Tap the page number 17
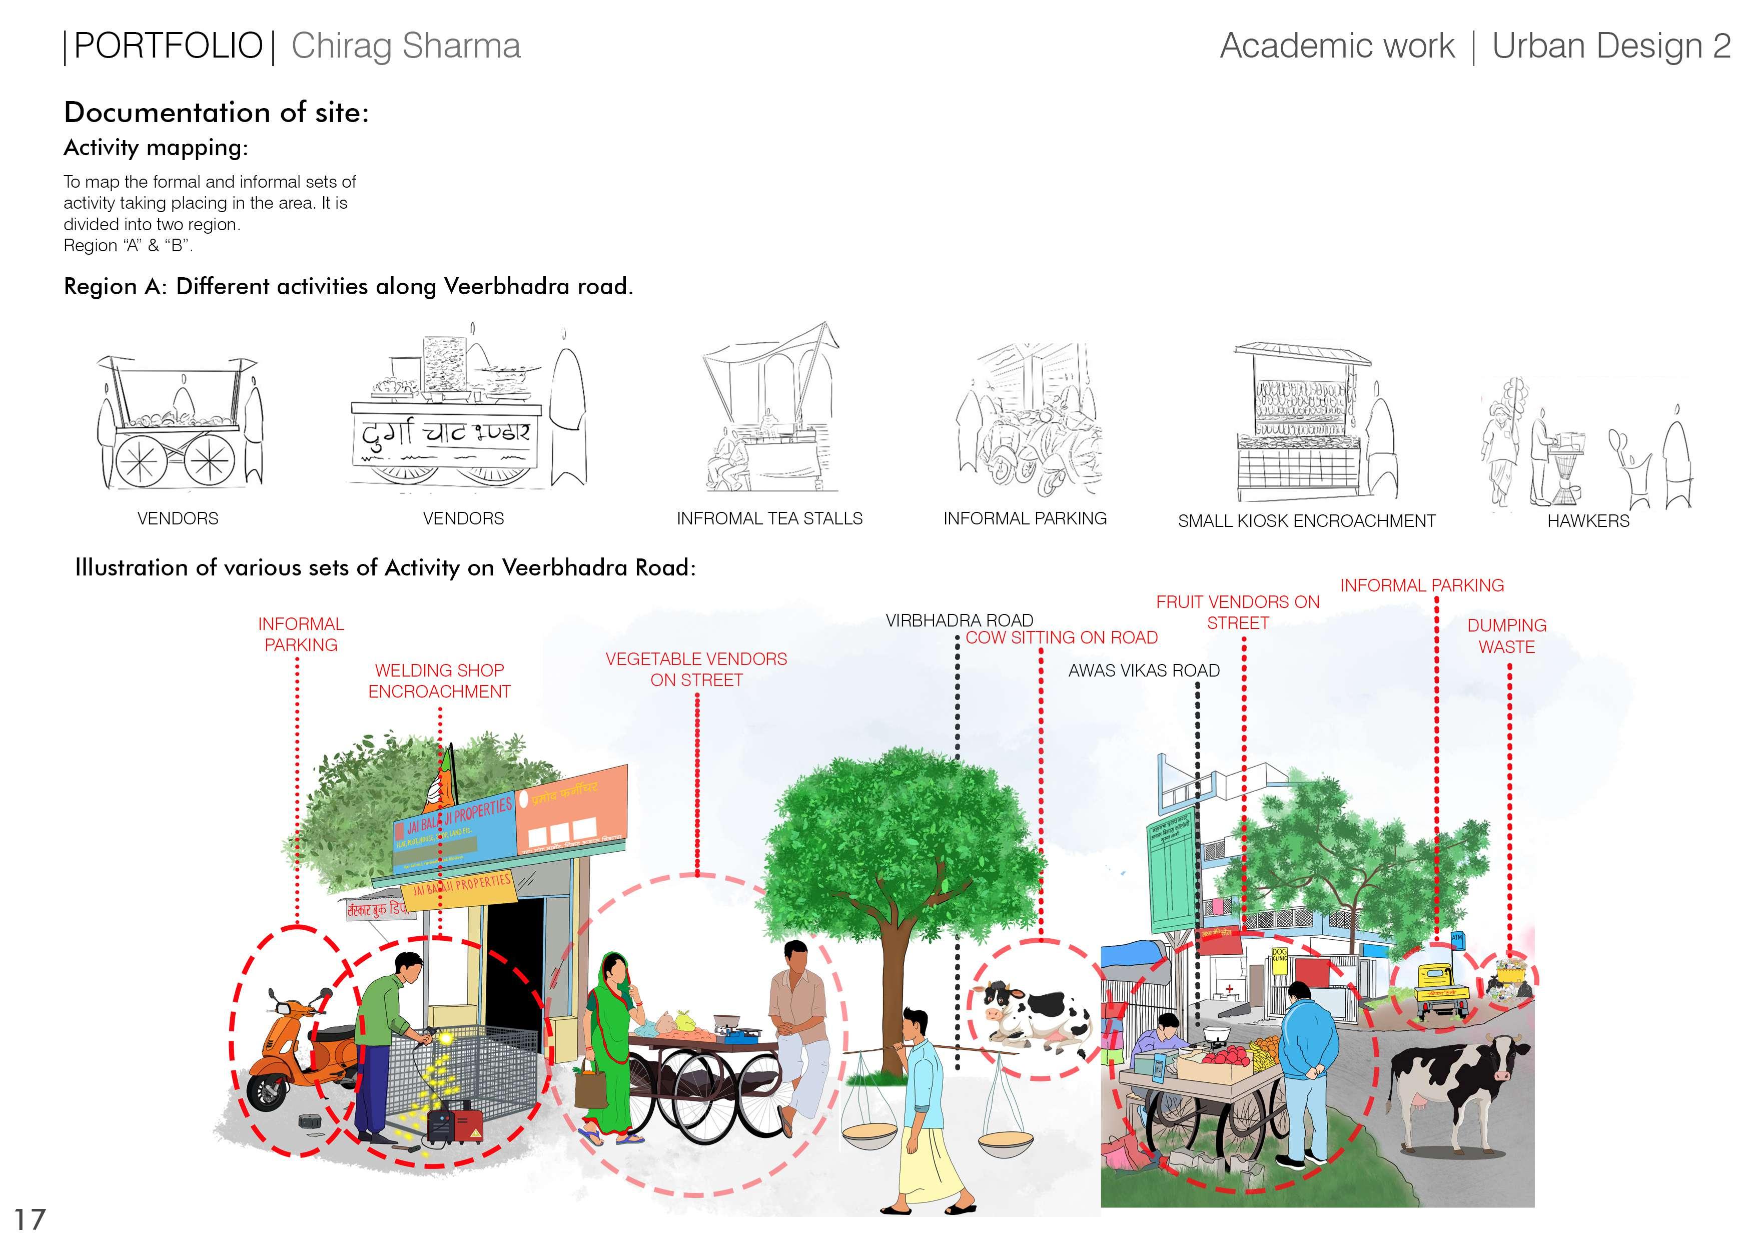click(30, 1219)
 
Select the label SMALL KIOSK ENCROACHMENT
click(1306, 521)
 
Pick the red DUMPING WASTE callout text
click(1506, 636)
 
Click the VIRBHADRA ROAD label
click(959, 620)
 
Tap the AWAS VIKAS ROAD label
click(1144, 671)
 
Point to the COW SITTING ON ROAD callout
click(1061, 638)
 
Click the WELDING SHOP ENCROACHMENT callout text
click(440, 681)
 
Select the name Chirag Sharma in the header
click(406, 46)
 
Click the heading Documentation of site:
click(216, 113)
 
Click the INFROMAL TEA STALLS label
click(769, 518)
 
